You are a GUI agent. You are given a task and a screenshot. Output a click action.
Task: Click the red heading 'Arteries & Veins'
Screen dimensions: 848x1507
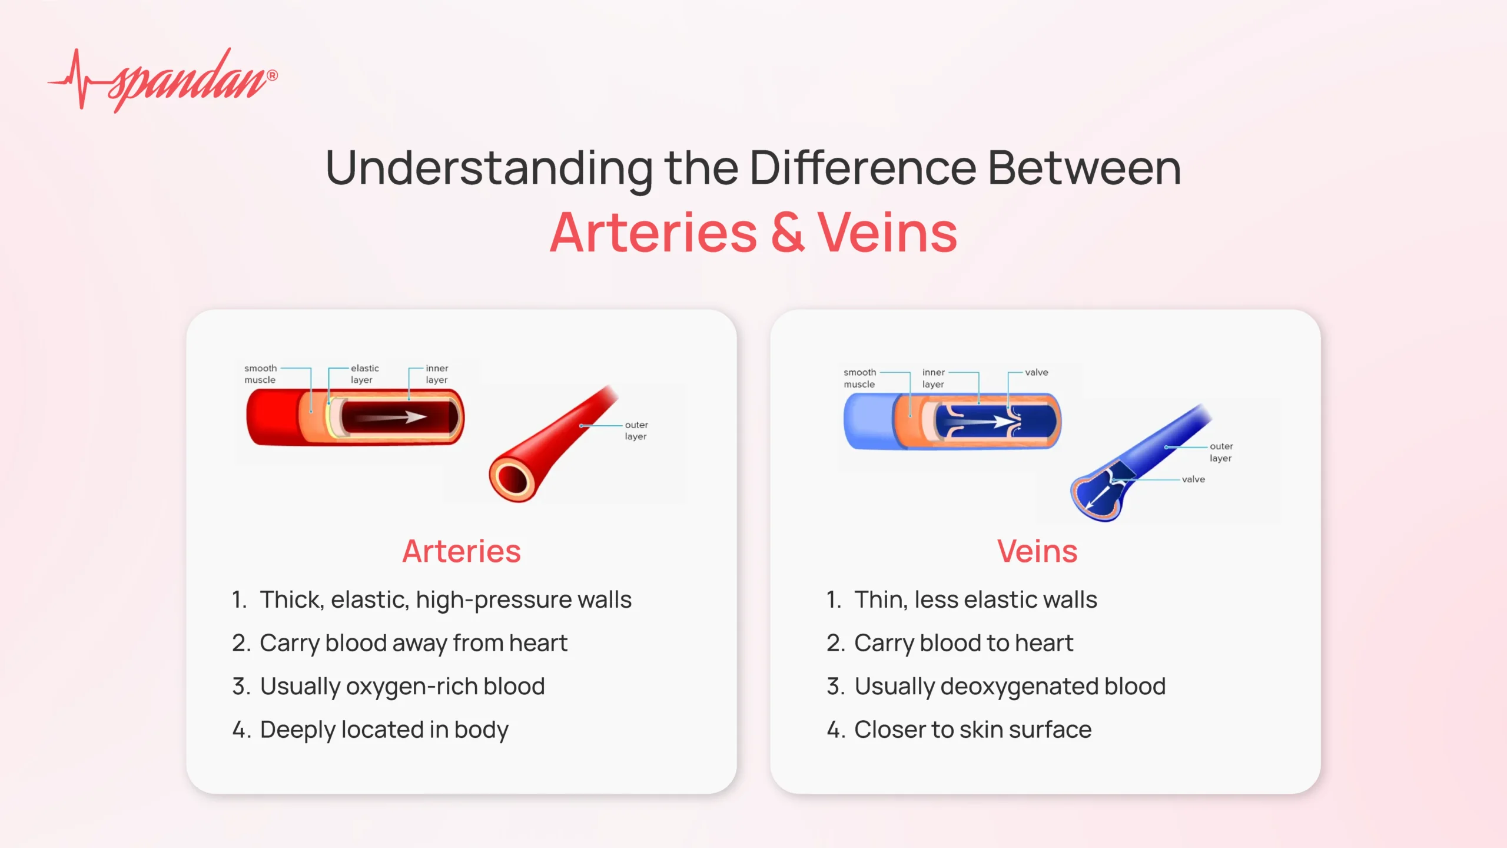tap(753, 233)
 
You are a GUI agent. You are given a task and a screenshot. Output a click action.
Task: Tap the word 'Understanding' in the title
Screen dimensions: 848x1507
tap(489, 169)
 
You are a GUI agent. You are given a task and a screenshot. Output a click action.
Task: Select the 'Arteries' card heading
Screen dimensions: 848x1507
tap(462, 551)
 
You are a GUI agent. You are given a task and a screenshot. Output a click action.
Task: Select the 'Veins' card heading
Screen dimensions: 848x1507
tap(1037, 551)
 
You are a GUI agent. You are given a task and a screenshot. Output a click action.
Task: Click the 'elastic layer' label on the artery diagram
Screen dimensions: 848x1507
tap(364, 374)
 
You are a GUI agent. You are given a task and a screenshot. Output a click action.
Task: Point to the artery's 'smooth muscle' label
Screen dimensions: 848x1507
tap(260, 374)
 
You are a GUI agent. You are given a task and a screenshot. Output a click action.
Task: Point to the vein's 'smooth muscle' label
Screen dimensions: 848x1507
tap(859, 378)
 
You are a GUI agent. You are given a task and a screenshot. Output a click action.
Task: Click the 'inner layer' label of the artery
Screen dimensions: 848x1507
tap(437, 374)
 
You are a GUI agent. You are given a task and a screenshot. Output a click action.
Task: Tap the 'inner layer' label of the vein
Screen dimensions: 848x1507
tap(933, 378)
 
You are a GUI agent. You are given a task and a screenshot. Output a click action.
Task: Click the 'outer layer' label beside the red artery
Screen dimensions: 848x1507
tap(636, 430)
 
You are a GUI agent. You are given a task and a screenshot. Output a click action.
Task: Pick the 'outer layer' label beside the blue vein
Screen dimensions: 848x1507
tap(1221, 452)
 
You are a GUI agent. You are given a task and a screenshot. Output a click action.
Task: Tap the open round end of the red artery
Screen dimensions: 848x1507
tap(511, 479)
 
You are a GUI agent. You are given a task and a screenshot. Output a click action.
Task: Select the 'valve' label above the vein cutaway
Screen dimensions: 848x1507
tap(1036, 372)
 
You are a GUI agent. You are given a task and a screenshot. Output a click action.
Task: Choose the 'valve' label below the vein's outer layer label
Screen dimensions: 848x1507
tap(1193, 479)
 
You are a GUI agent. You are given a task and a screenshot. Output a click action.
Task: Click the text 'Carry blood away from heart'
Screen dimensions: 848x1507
tap(413, 643)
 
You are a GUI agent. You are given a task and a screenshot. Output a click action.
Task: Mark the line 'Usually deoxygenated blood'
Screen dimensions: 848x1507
tap(1010, 687)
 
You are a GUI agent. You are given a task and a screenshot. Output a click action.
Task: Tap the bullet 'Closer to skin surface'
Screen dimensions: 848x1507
tap(972, 730)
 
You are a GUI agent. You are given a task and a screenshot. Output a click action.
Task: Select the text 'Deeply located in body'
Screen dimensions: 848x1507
tap(384, 730)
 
